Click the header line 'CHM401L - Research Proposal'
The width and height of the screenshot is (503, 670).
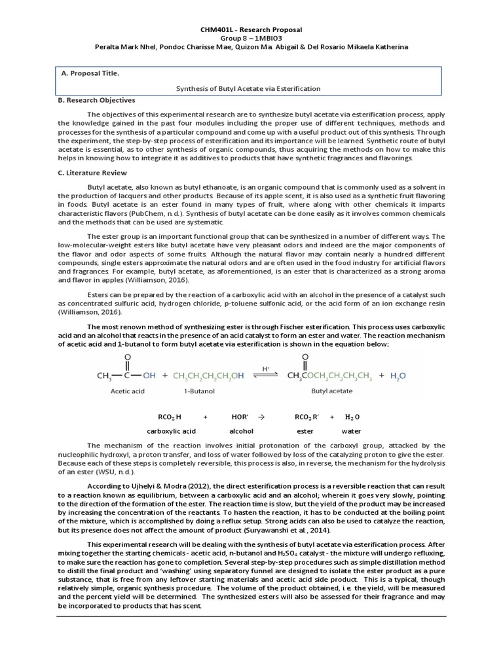click(251, 30)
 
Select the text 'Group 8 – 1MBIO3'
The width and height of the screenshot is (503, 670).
click(251, 39)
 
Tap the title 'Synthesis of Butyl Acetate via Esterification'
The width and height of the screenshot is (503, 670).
click(250, 88)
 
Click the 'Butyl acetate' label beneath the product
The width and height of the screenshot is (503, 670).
click(331, 391)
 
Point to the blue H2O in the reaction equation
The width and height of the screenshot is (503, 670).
click(398, 376)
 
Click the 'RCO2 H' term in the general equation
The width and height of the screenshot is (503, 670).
click(170, 417)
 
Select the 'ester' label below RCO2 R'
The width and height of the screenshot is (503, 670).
click(305, 431)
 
